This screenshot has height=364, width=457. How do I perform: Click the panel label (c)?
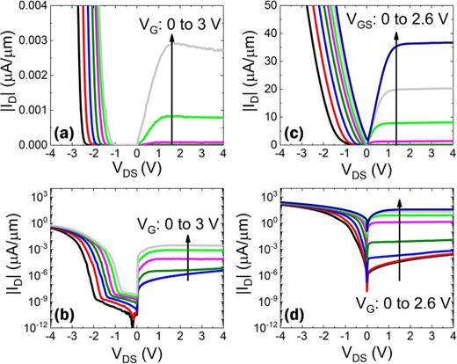[294, 135]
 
